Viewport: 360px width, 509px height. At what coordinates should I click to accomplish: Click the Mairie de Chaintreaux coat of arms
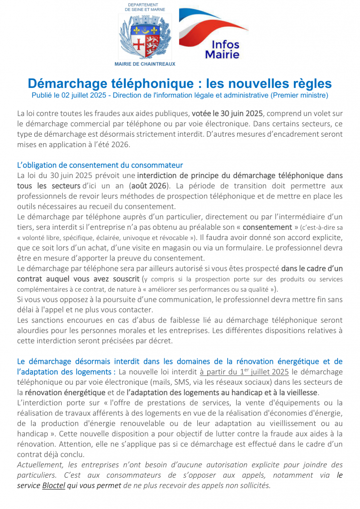pos(145,36)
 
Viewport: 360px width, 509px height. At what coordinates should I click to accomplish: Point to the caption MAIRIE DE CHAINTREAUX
pos(145,64)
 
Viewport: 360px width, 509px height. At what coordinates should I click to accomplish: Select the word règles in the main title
pos(308,84)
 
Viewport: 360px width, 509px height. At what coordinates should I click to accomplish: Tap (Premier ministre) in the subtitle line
pos(301,95)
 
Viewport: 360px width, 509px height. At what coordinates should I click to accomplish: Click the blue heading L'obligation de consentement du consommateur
pos(100,165)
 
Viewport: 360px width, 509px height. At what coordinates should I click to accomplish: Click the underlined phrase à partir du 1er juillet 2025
pos(244,371)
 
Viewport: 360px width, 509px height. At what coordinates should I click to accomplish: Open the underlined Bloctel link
pos(54,485)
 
